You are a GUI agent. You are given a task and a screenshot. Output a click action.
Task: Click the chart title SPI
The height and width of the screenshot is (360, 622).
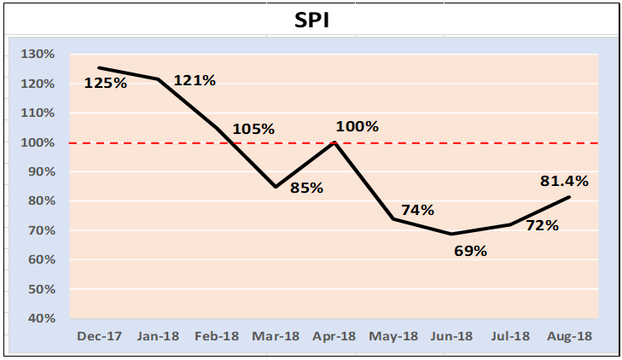pyautogui.click(x=311, y=20)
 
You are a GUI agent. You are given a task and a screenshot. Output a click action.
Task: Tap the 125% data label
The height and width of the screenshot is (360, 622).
pyautogui.click(x=106, y=84)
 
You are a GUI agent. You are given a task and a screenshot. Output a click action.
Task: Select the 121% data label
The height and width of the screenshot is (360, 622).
pyautogui.click(x=195, y=80)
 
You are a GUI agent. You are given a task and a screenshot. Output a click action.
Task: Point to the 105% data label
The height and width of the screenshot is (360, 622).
pyautogui.click(x=253, y=129)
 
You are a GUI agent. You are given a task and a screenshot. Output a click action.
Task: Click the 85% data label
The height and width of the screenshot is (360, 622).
pyautogui.click(x=306, y=188)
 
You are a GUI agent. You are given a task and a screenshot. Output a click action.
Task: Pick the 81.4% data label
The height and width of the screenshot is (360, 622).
pyautogui.click(x=564, y=181)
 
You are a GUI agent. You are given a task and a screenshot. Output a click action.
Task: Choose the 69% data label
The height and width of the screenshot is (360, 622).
pyautogui.click(x=469, y=251)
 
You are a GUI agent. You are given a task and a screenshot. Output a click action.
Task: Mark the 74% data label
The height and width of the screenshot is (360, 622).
pyautogui.click(x=418, y=210)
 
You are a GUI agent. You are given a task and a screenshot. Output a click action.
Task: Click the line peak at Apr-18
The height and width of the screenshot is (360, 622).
pyautogui.click(x=334, y=142)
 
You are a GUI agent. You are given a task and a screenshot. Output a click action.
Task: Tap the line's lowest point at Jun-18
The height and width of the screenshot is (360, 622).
pyautogui.click(x=451, y=234)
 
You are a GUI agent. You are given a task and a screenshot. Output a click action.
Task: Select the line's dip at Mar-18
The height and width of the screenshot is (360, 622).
pyautogui.click(x=276, y=187)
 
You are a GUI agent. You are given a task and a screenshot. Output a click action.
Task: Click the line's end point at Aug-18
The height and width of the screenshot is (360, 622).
pyautogui.click(x=569, y=197)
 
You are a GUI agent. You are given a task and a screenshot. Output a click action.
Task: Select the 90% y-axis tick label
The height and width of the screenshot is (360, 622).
pyautogui.click(x=39, y=172)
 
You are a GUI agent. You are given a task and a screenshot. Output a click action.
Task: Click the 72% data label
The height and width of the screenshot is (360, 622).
pyautogui.click(x=542, y=225)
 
